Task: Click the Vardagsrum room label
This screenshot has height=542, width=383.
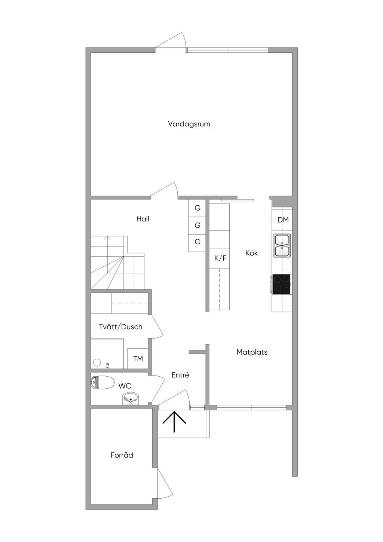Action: click(x=189, y=124)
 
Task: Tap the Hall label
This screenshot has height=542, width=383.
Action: click(x=143, y=219)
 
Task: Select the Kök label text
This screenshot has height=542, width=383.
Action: click(x=251, y=253)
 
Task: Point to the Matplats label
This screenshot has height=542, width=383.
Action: click(x=252, y=352)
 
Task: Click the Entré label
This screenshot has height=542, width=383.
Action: click(x=180, y=375)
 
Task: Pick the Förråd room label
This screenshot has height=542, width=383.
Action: click(x=122, y=455)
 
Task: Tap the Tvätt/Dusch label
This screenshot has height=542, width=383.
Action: click(x=120, y=327)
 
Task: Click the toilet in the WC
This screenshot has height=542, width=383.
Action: click(x=102, y=382)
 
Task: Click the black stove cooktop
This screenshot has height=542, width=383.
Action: click(x=281, y=284)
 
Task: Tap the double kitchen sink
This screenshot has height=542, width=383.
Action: click(x=282, y=245)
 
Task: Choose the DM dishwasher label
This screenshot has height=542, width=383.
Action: click(x=283, y=220)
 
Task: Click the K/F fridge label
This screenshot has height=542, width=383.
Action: click(x=220, y=258)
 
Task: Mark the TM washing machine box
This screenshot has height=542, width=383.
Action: click(x=138, y=358)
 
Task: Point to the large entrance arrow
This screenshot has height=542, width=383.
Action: click(x=174, y=422)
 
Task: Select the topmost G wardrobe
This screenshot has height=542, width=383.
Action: click(x=197, y=208)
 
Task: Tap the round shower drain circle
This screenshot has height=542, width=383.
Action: click(x=97, y=362)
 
